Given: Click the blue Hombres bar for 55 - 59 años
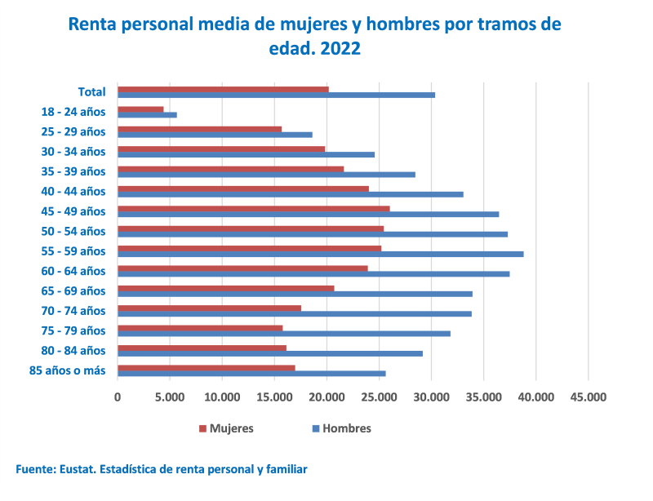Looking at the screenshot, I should click(320, 255).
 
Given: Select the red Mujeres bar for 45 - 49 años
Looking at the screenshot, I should click(253, 209).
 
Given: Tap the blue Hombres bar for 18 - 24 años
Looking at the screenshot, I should click(147, 115).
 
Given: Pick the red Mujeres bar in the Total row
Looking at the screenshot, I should click(223, 90).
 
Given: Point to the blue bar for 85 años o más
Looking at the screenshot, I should click(251, 374).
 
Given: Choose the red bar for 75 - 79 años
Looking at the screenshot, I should click(200, 328).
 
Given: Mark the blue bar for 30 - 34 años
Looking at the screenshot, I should click(246, 154).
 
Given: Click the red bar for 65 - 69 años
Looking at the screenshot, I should click(225, 288).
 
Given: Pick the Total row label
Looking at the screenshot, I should click(91, 91).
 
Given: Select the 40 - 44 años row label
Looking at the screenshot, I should click(73, 191).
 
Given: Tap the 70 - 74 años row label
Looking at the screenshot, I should click(73, 311).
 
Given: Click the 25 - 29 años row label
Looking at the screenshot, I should click(73, 131).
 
